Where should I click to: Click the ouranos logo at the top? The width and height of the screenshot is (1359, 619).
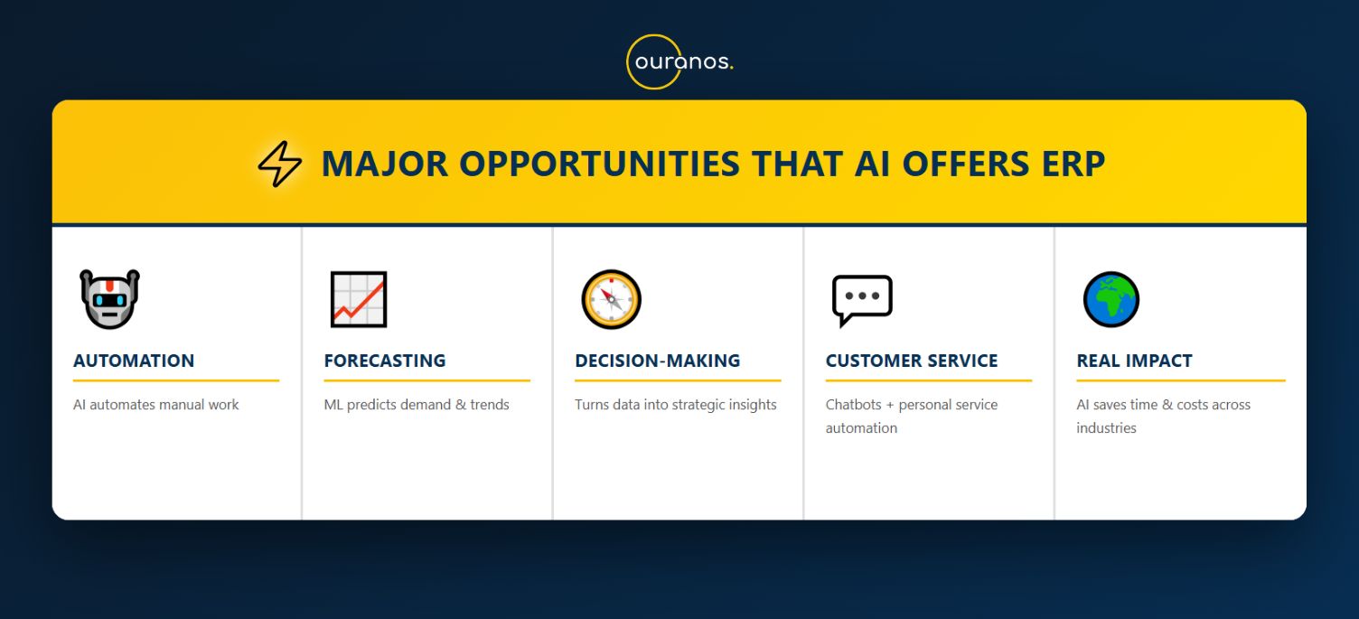pyautogui.click(x=680, y=61)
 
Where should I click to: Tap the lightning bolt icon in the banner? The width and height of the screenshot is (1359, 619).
pyautogui.click(x=280, y=164)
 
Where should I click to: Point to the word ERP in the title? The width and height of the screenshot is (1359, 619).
pyautogui.click(x=1073, y=164)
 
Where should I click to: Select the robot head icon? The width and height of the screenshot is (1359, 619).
pyautogui.click(x=110, y=299)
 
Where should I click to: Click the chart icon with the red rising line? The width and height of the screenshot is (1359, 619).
pyautogui.click(x=359, y=299)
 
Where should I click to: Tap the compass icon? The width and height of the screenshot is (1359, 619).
pyautogui.click(x=611, y=299)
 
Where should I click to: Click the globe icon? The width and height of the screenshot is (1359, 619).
pyautogui.click(x=1111, y=299)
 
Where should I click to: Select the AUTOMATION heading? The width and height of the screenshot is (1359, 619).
pyautogui.click(x=134, y=361)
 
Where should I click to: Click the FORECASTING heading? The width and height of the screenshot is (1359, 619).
pyautogui.click(x=385, y=361)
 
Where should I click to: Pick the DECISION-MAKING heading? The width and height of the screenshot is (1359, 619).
pyautogui.click(x=658, y=361)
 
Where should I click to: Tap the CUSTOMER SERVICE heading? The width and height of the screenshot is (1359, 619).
pyautogui.click(x=911, y=361)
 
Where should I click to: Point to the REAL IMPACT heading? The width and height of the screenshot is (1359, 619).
pyautogui.click(x=1135, y=361)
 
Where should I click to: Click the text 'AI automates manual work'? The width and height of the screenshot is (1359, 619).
pyautogui.click(x=156, y=405)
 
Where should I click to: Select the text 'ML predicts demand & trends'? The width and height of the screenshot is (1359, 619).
pyautogui.click(x=417, y=405)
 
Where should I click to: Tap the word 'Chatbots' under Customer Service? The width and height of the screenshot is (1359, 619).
pyautogui.click(x=853, y=405)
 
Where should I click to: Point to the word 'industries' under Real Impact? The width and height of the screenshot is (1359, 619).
pyautogui.click(x=1106, y=427)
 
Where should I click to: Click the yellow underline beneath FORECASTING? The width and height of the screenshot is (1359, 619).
pyautogui.click(x=427, y=380)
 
